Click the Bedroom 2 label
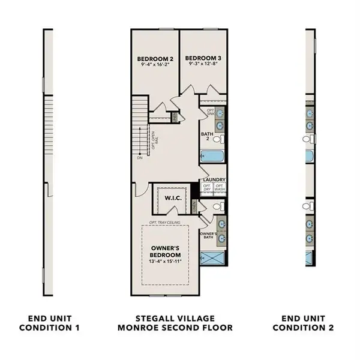154,59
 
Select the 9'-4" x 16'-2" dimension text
154,65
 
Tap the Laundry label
214,180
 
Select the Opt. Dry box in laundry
206,187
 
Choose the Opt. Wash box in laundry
220,187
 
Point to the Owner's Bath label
208,235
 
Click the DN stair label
140,159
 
